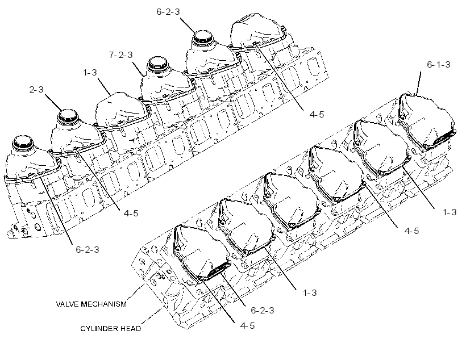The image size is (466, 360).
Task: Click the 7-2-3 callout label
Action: [x=120, y=55]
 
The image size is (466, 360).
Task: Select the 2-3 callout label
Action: [x=36, y=89]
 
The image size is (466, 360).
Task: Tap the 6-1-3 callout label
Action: [x=438, y=65]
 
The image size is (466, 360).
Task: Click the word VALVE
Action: [x=68, y=304]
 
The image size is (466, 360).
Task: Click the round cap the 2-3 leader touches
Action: [x=68, y=116]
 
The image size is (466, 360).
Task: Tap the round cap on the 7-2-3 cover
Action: [x=158, y=63]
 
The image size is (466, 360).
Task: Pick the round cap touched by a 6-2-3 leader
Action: [x=203, y=37]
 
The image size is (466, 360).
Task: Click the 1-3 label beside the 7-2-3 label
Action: [x=90, y=73]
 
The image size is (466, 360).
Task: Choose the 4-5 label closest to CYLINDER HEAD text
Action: [x=248, y=325]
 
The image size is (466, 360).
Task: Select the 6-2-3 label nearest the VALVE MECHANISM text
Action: [x=263, y=311]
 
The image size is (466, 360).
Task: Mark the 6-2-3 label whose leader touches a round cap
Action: [x=168, y=11]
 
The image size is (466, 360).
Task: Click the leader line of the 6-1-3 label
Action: [x=419, y=83]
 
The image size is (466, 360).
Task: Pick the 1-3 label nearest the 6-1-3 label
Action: [x=450, y=212]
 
